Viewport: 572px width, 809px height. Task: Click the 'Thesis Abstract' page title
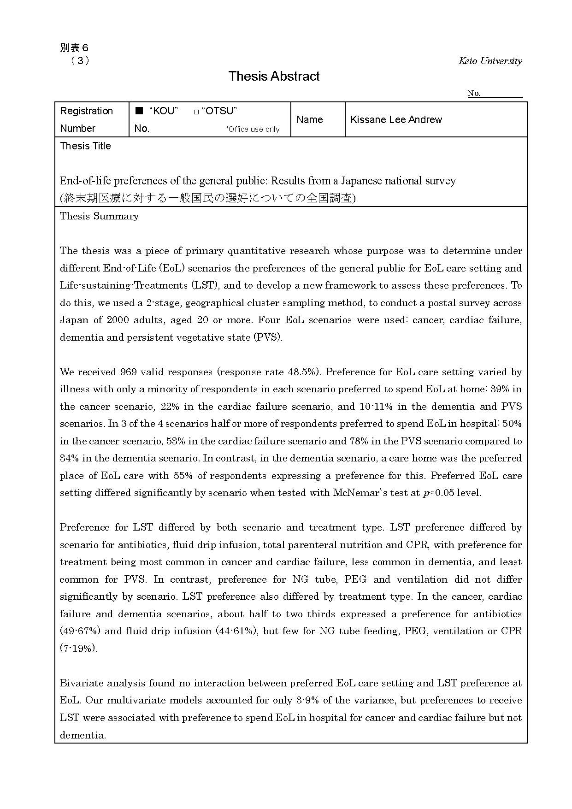274,76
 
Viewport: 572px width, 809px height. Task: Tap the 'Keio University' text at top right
490,61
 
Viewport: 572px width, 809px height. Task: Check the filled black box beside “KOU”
139,111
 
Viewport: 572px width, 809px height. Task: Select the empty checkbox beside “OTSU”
196,112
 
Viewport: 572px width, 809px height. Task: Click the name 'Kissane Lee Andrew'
396,120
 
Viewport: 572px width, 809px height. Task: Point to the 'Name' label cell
309,120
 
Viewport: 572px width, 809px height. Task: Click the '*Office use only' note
253,130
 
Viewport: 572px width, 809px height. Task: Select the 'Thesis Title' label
86,146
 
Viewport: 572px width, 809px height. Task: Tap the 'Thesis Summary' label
99,216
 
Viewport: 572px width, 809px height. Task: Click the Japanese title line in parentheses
207,198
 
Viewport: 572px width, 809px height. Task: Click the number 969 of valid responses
128,372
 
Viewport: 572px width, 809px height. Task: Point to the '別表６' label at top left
74,48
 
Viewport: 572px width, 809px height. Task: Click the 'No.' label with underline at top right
474,94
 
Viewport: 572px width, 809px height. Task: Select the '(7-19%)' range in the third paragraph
78,649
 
